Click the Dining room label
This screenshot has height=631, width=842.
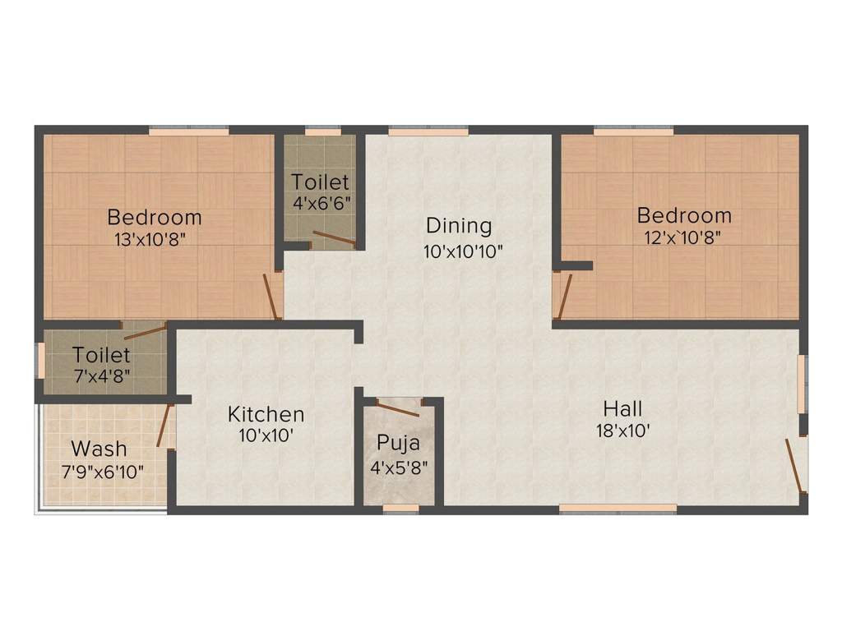(459, 225)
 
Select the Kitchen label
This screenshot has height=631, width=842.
(266, 414)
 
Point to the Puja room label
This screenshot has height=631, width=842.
(398, 444)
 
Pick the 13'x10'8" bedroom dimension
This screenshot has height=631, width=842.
(155, 240)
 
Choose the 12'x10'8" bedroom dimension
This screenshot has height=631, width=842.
(684, 238)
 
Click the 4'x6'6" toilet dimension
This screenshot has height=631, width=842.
(322, 201)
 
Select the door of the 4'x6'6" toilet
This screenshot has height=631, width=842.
(333, 239)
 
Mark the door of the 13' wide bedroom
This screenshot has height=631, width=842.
(271, 297)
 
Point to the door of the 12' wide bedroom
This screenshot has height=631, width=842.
(564, 297)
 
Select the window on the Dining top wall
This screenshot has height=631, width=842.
(428, 130)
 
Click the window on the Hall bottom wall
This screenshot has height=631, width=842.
(618, 509)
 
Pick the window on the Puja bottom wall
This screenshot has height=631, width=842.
(400, 509)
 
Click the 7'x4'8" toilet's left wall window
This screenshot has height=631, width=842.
(39, 361)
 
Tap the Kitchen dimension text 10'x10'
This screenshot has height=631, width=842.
(266, 436)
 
